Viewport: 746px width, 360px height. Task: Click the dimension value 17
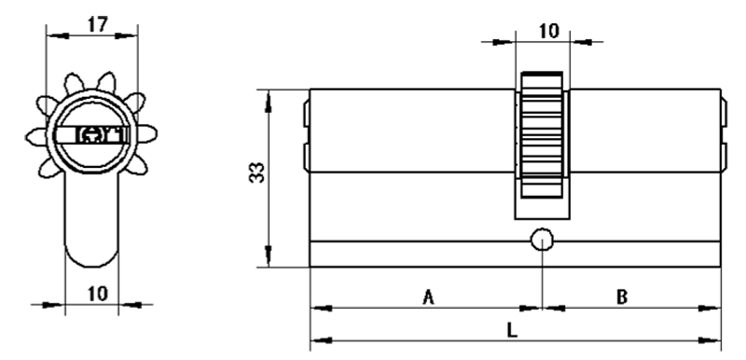coord(98,24)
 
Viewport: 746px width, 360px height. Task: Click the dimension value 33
coord(257,173)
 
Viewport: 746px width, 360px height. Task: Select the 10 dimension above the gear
coord(549,31)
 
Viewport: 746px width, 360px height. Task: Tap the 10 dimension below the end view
coord(98,294)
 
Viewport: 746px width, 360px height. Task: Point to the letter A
coord(429,298)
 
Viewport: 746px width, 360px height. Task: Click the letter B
coord(622,298)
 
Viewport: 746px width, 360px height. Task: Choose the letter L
coord(511,330)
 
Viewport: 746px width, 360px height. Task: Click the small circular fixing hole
coord(543,240)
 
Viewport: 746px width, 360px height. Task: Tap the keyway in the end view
coord(91,135)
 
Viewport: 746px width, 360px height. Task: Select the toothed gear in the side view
coord(543,134)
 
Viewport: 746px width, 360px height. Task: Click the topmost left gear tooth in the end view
coord(74,84)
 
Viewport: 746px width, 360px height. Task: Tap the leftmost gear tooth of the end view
coord(37,137)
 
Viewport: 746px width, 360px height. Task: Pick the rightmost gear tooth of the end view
coord(147,133)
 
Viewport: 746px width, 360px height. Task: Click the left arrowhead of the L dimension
coord(321,340)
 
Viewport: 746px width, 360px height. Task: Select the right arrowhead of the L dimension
coord(710,340)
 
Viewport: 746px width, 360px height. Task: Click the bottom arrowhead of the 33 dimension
coord(269,256)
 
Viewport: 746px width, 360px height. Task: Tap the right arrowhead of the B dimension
coord(710,308)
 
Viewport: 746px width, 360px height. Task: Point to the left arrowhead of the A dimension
coord(321,308)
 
